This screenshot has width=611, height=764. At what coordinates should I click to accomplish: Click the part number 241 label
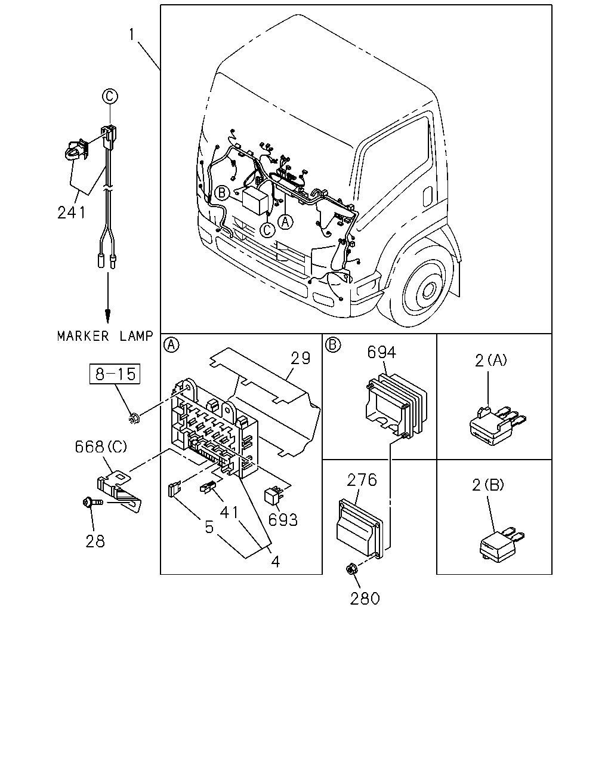click(x=72, y=212)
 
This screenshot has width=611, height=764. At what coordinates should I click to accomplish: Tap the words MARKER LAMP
click(x=105, y=336)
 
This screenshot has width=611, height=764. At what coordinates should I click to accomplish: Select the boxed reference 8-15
click(x=115, y=374)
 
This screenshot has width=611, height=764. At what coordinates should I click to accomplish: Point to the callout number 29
click(x=300, y=358)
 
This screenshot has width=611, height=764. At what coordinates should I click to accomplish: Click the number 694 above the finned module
click(x=382, y=353)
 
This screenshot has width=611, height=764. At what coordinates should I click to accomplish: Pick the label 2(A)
click(x=491, y=361)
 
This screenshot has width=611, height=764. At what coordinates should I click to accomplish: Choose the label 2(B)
click(x=488, y=485)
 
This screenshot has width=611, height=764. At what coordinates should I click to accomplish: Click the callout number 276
click(x=362, y=480)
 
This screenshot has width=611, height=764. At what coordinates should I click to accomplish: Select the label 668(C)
click(x=101, y=446)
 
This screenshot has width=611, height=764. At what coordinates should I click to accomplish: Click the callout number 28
click(x=95, y=541)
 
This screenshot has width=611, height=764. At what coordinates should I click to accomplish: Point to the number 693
click(x=283, y=520)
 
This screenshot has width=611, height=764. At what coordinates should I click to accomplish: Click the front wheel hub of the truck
click(x=429, y=291)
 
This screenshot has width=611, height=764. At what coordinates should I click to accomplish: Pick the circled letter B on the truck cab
click(x=222, y=193)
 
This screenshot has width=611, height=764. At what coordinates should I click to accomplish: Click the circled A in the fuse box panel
click(x=171, y=345)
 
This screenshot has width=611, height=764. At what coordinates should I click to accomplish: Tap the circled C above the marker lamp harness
click(x=110, y=96)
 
